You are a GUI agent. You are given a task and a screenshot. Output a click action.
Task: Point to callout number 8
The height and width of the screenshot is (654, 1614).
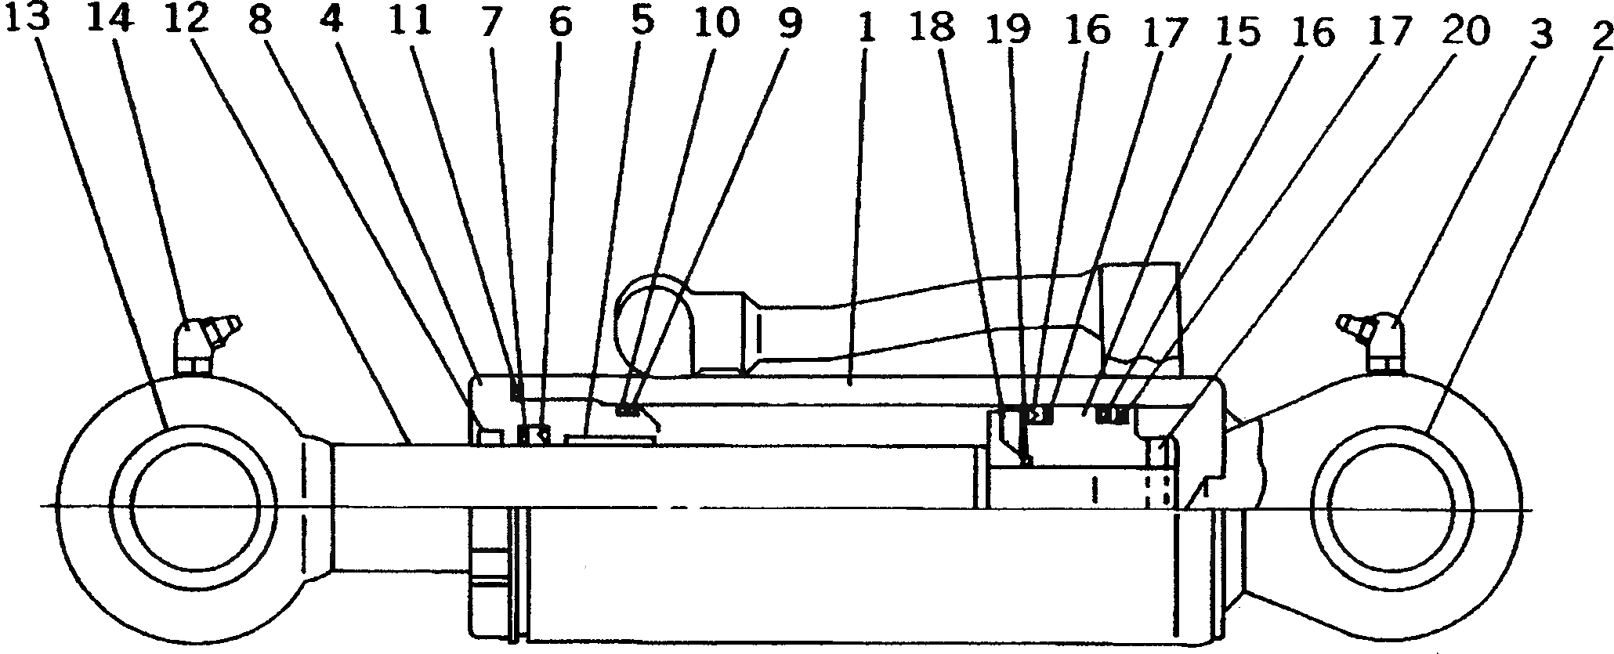[x=260, y=23]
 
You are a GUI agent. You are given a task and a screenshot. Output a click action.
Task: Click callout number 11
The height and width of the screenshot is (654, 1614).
[x=410, y=23]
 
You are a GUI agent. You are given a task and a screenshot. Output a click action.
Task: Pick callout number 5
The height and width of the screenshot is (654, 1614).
[x=642, y=23]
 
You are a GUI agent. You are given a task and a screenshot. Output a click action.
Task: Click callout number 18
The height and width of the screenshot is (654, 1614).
[x=934, y=28]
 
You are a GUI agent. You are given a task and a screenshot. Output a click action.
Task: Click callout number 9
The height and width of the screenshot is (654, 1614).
[x=790, y=25]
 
